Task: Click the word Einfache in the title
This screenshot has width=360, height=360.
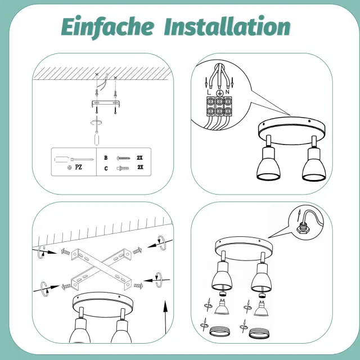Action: click(107, 27)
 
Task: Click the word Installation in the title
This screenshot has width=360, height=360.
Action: click(227, 26)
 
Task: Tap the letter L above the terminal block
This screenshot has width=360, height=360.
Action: click(209, 92)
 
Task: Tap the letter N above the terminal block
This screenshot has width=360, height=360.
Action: click(227, 92)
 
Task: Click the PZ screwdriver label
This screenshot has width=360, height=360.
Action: click(79, 167)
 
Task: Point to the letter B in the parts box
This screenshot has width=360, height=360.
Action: click(106, 157)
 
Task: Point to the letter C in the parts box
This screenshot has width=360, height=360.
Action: click(106, 169)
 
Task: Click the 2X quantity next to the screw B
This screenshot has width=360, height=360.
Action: click(139, 157)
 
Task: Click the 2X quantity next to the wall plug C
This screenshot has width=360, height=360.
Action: click(140, 167)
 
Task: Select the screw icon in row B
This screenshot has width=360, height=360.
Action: click(124, 158)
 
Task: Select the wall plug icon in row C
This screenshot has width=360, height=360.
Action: click(123, 169)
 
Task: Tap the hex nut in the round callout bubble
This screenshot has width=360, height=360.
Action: click(302, 228)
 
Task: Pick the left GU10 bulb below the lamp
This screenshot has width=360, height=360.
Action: click(222, 307)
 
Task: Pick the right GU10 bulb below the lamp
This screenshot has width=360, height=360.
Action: click(261, 308)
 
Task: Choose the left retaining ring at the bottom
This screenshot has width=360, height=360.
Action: click(219, 332)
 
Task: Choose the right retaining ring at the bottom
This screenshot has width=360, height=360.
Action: click(259, 333)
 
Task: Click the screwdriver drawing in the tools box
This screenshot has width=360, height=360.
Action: click(74, 159)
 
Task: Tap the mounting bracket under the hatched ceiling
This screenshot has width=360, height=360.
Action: click(106, 103)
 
